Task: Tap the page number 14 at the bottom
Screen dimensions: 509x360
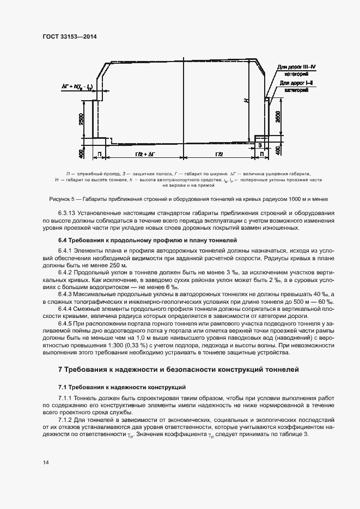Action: click(x=46, y=462)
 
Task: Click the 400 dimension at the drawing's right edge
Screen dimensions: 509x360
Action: click(x=278, y=150)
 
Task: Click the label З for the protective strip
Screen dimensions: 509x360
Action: click(x=260, y=145)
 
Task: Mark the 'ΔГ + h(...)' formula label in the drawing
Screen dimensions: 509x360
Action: click(x=77, y=87)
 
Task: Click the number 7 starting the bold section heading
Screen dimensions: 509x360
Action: click(x=60, y=370)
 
